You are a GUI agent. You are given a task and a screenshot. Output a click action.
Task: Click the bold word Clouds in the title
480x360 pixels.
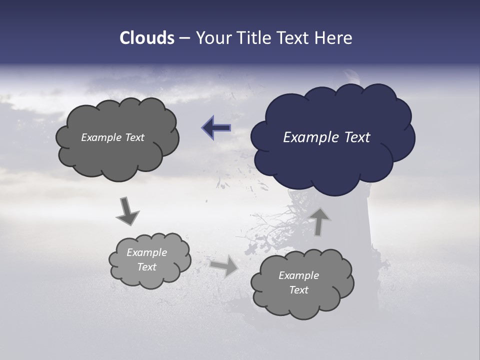146,38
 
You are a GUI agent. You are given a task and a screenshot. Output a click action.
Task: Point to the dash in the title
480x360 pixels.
184,38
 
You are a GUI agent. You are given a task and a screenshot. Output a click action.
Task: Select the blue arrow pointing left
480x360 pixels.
217,128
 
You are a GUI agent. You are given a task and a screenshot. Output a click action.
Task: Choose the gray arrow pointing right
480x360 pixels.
224,265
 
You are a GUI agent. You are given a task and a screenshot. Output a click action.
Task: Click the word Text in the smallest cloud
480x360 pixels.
147,267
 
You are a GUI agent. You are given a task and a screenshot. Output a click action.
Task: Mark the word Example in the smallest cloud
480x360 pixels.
147,252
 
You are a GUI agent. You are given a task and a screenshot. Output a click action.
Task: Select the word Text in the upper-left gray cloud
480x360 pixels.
134,137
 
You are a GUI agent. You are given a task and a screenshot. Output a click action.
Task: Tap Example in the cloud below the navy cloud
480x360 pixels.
299,275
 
